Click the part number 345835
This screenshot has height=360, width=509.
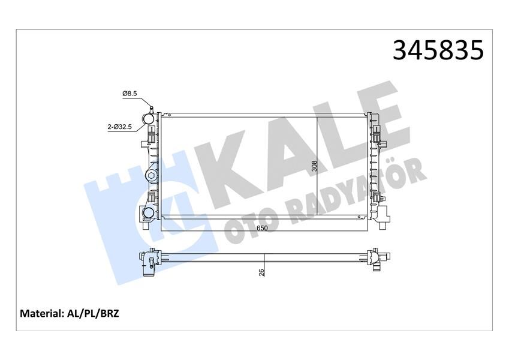tap(437, 50)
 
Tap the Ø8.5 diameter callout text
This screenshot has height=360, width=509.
tap(130, 94)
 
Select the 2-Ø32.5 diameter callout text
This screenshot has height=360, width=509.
tap(121, 127)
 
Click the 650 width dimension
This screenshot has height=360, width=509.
tap(263, 227)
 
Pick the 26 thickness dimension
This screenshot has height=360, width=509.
tap(261, 272)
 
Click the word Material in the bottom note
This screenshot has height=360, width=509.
tap(42, 313)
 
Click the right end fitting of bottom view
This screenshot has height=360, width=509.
tap(378, 259)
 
